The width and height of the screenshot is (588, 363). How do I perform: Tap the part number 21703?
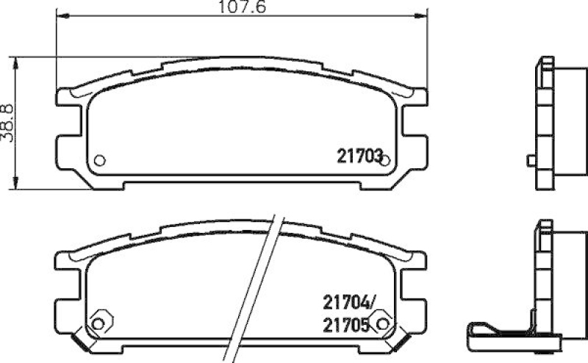360,155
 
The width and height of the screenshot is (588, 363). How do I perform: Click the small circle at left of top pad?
100,160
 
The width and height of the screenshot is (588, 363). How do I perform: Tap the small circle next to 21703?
384,160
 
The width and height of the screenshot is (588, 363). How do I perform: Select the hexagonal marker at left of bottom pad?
96,321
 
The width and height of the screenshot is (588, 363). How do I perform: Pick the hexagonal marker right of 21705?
380,321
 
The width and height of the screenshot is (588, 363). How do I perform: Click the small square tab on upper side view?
531,160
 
